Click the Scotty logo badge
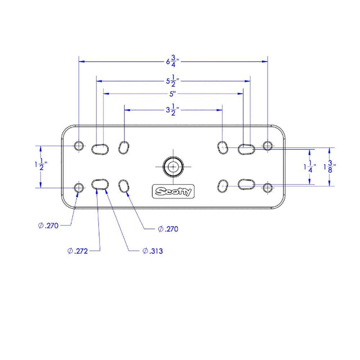[x=173, y=191]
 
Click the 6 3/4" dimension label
[x=173, y=61]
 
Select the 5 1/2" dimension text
[x=173, y=81]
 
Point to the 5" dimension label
[x=172, y=94]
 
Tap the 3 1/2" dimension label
[x=173, y=110]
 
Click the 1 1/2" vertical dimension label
[x=41, y=164]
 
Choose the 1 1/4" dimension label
[x=310, y=166]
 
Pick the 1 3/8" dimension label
[x=330, y=166]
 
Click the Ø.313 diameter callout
[x=153, y=251]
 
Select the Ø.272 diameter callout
[x=77, y=251]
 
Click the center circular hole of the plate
[x=173, y=167]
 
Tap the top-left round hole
[x=79, y=146]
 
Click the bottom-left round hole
[x=79, y=188]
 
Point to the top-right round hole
[x=268, y=145]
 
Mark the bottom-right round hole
[x=268, y=188]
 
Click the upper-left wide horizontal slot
[x=100, y=149]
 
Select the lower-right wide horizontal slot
[x=246, y=184]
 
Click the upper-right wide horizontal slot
[x=246, y=149]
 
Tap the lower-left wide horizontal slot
[x=100, y=184]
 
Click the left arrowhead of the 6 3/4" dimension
[x=82, y=62]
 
